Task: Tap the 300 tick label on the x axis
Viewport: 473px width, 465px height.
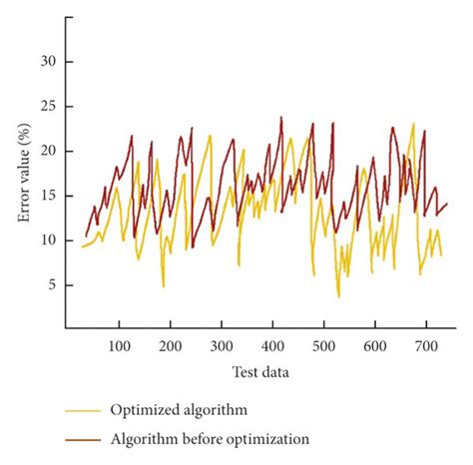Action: click(222, 344)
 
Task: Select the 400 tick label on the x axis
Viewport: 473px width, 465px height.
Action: click(272, 344)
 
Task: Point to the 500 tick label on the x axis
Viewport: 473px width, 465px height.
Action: click(323, 344)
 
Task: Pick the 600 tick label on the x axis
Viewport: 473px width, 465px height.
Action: click(374, 344)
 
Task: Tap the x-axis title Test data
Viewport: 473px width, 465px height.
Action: click(260, 371)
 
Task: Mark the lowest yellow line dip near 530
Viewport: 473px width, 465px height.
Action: click(338, 296)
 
